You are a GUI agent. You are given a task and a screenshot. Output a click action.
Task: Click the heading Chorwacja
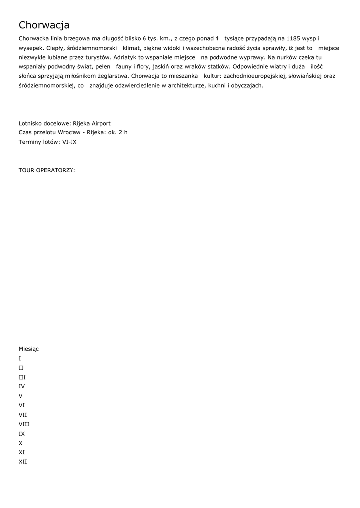pyautogui.click(x=44, y=25)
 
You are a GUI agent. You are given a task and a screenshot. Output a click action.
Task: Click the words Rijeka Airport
pyautogui.click(x=92, y=123)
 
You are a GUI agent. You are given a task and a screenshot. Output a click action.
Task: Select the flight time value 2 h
pyautogui.click(x=123, y=132)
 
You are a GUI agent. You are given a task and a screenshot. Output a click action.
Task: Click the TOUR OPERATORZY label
pyautogui.click(x=47, y=170)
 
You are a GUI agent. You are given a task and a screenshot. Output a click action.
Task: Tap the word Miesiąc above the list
pyautogui.click(x=28, y=349)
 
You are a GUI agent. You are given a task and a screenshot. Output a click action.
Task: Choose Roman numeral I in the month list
pyautogui.click(x=20, y=358)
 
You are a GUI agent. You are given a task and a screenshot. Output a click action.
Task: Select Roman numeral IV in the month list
pyautogui.click(x=22, y=386)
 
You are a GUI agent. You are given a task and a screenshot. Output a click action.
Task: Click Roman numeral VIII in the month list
pyautogui.click(x=24, y=424)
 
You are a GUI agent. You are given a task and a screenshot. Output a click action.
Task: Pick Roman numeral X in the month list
pyautogui.click(x=21, y=443)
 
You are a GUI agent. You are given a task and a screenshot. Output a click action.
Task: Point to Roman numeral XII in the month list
pyautogui.click(x=23, y=462)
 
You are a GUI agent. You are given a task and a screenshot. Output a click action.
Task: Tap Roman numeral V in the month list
pyautogui.click(x=21, y=396)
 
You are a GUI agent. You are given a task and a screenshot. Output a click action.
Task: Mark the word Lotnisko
pyautogui.click(x=30, y=123)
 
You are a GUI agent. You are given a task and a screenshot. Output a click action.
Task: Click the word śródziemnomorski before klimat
pyautogui.click(x=92, y=48)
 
